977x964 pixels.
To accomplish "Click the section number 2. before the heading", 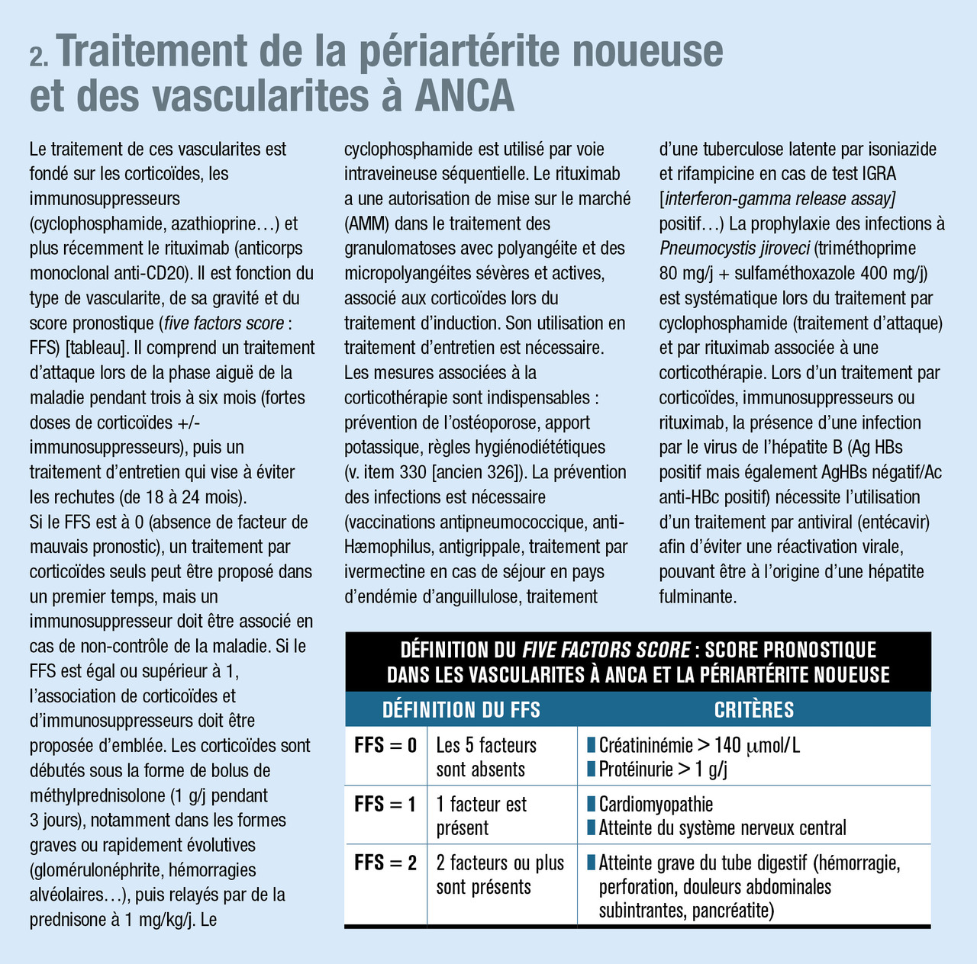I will [x=40, y=58].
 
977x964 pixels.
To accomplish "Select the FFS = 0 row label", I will [x=385, y=745].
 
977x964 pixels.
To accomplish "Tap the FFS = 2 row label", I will [x=385, y=863].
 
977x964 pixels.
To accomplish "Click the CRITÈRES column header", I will [x=753, y=710].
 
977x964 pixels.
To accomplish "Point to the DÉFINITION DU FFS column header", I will [x=461, y=710].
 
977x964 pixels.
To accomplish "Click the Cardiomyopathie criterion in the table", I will [x=655, y=804].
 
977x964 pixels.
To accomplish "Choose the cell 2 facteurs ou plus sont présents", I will [x=500, y=875].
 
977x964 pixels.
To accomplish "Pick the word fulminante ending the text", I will [x=698, y=597].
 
